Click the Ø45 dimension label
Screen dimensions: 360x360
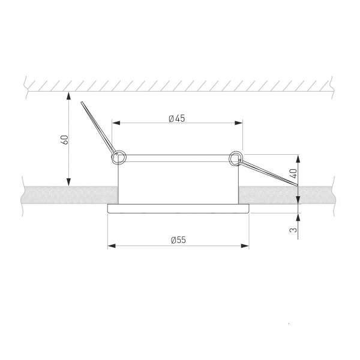click(176, 118)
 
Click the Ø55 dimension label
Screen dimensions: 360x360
click(178, 240)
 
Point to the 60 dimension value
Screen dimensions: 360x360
click(65, 140)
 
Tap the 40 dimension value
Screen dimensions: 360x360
click(293, 173)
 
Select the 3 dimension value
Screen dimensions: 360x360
click(293, 230)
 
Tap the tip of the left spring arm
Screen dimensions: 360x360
click(82, 102)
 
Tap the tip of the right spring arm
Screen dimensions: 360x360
click(297, 185)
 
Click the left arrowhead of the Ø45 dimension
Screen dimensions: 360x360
click(116, 123)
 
